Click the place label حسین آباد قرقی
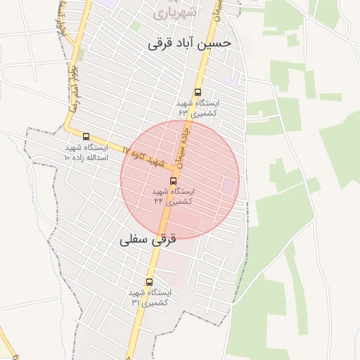click(190, 43)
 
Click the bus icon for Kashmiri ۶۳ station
click(198, 91)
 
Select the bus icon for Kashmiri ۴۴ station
click(174, 181)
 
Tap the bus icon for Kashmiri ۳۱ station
click(148, 282)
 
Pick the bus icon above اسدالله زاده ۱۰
click(86, 137)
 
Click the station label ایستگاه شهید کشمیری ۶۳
click(198, 107)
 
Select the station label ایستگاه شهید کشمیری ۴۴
click(174, 196)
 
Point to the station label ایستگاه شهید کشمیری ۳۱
click(148, 297)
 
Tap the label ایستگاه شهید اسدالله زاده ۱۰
click(86, 153)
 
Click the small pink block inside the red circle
click(229, 186)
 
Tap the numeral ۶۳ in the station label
click(184, 112)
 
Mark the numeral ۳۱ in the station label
click(135, 302)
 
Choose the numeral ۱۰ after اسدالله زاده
click(67, 158)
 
